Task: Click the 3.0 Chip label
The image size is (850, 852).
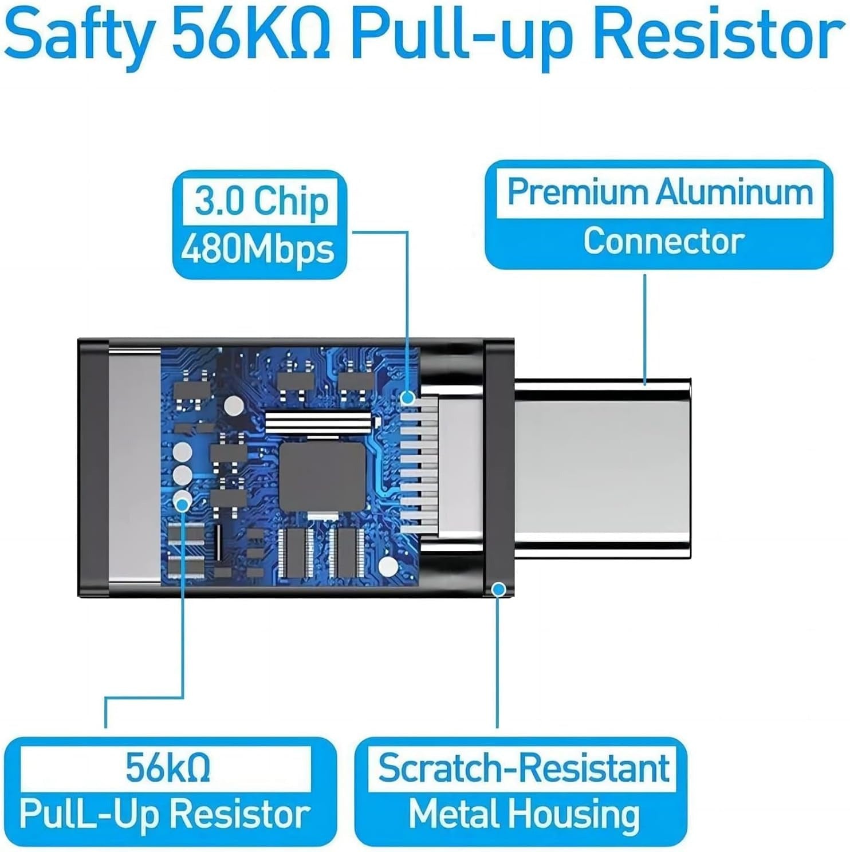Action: click(x=261, y=201)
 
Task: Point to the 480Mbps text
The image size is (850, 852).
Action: click(x=258, y=250)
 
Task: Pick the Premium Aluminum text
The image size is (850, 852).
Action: click(x=660, y=192)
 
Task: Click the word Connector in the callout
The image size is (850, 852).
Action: click(x=663, y=241)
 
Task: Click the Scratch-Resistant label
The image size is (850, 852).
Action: click(x=524, y=768)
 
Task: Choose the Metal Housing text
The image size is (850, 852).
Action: click(x=524, y=814)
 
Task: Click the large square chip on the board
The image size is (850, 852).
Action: click(x=322, y=477)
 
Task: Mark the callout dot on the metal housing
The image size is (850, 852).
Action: click(x=499, y=589)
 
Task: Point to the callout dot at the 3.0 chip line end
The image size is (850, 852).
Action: click(x=407, y=397)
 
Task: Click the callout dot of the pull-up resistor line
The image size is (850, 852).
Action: click(x=183, y=504)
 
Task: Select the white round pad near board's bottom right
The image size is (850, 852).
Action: click(x=388, y=566)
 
